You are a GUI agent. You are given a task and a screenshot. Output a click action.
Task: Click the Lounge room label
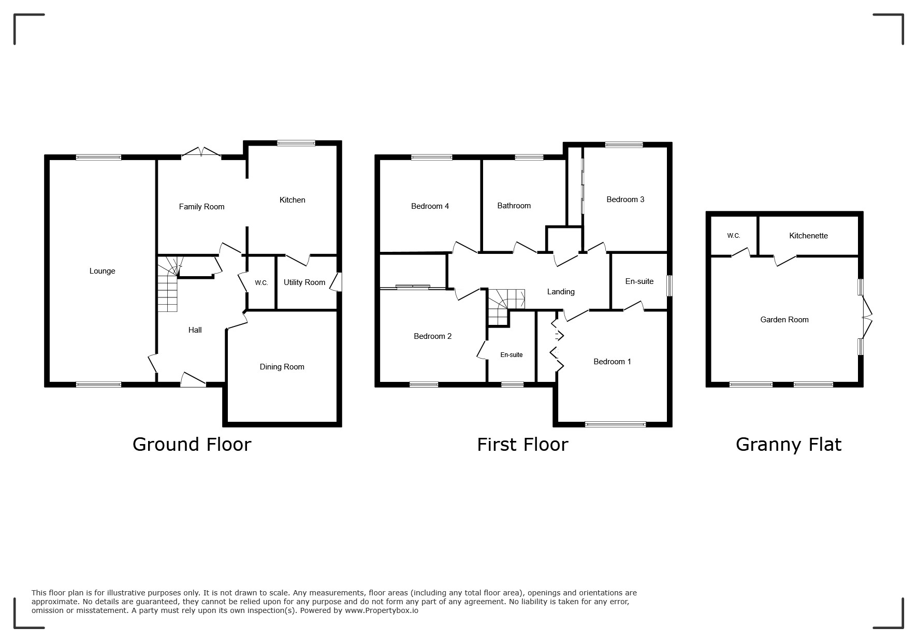click(102, 271)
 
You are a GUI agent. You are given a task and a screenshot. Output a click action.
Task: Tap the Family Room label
click(201, 207)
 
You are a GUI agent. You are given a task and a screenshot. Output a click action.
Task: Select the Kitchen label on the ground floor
click(292, 200)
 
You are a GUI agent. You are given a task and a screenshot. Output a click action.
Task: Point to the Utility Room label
click(304, 282)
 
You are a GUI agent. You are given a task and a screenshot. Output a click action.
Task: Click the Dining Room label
click(282, 367)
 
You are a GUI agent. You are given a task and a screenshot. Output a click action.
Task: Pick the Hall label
click(195, 330)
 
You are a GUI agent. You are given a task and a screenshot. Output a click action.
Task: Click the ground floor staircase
click(168, 284)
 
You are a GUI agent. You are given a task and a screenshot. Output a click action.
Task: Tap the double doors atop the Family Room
click(201, 152)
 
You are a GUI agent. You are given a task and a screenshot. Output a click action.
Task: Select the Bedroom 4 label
click(430, 206)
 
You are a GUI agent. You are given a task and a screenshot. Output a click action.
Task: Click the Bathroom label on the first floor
click(514, 206)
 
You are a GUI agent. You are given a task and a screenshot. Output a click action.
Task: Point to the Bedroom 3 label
click(625, 199)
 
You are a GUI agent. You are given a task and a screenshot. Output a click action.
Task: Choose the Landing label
click(561, 292)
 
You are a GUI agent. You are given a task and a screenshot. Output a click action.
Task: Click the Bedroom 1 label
click(612, 362)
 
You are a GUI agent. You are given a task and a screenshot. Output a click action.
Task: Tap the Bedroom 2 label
click(432, 336)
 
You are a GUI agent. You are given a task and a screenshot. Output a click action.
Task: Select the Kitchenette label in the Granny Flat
click(808, 236)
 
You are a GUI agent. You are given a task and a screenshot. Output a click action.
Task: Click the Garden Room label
click(784, 320)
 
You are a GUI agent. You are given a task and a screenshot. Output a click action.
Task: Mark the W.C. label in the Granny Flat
click(733, 236)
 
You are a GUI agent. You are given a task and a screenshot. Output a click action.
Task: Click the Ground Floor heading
click(192, 445)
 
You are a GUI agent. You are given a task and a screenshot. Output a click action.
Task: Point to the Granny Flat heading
click(789, 445)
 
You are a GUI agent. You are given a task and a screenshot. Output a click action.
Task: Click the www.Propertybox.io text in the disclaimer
click(382, 610)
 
